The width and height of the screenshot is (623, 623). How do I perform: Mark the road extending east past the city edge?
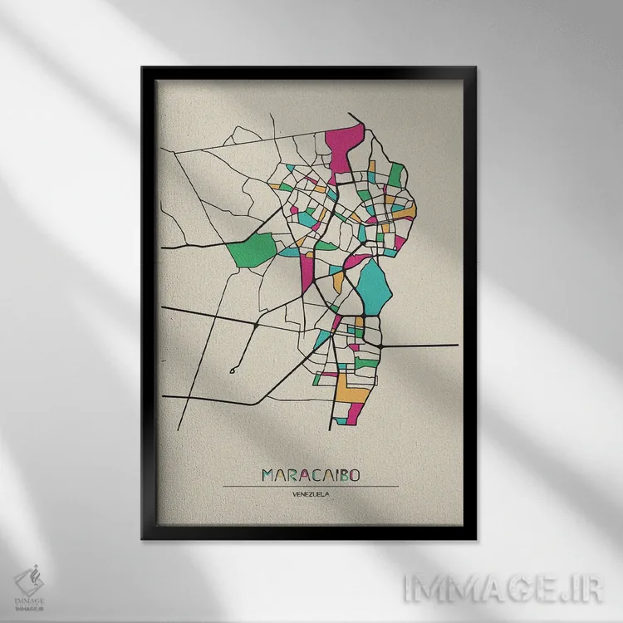click(424, 345)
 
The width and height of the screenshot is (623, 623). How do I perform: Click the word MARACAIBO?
click(316, 475)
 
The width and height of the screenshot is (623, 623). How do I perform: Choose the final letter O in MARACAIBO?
click(365, 475)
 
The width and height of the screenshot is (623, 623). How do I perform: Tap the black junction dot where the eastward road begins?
click(379, 343)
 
